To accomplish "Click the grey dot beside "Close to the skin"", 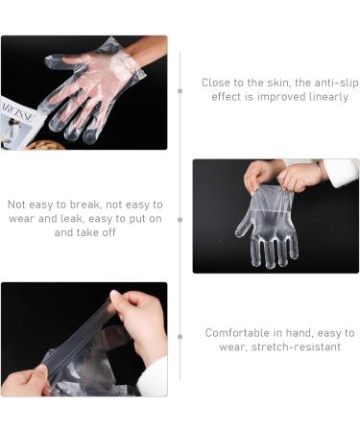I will pos(180,90).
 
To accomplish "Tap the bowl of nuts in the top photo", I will pos(45,145).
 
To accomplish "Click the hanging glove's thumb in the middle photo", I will pos(243,227).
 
